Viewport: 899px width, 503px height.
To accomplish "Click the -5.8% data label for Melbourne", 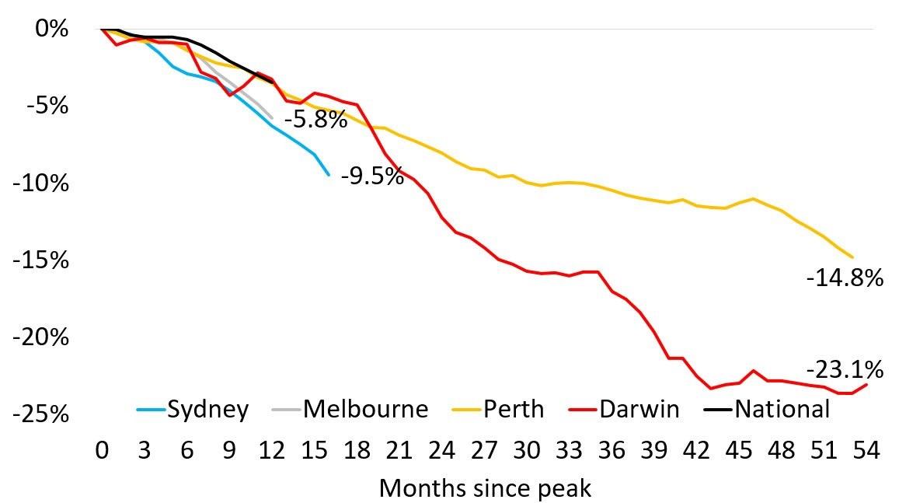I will pos(315,121).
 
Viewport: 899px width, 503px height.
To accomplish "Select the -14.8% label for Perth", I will pos(845,278).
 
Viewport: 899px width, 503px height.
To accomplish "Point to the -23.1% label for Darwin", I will pos(845,369).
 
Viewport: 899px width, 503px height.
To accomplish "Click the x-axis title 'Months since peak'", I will pos(485,489).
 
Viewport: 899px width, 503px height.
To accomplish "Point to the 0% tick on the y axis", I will pos(54,30).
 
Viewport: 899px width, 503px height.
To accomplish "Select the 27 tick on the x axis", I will pos(483,450).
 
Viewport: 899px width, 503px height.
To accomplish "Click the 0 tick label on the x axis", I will pos(102,450).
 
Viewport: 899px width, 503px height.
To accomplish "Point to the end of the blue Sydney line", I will pos(329,175).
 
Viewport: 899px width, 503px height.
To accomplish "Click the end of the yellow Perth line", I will pos(852,257).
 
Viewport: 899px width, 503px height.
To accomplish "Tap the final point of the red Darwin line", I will pos(866,385).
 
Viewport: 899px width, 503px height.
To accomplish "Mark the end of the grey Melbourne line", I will pos(272,118).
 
